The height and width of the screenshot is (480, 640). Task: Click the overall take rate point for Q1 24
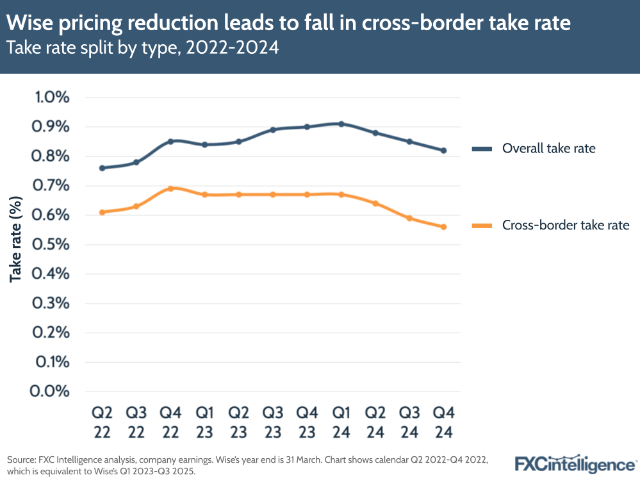[x=341, y=124]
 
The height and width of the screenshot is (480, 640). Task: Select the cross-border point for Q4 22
[x=170, y=188]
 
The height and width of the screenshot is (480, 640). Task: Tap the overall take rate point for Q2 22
[x=103, y=168]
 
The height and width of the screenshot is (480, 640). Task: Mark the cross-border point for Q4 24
[x=443, y=227]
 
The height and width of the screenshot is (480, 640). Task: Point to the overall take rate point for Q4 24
[x=443, y=151]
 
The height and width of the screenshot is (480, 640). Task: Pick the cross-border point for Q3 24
[x=409, y=218]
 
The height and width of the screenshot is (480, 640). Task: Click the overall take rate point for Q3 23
[x=273, y=129]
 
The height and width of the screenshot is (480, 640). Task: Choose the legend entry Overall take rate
[x=548, y=149]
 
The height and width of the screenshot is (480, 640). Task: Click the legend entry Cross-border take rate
[x=566, y=225]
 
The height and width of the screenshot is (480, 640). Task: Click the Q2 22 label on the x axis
[x=103, y=421]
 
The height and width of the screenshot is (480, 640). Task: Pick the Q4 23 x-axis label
[x=307, y=421]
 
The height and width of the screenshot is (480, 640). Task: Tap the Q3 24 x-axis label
[x=409, y=421]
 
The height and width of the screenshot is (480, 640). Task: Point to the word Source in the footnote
[x=21, y=459]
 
